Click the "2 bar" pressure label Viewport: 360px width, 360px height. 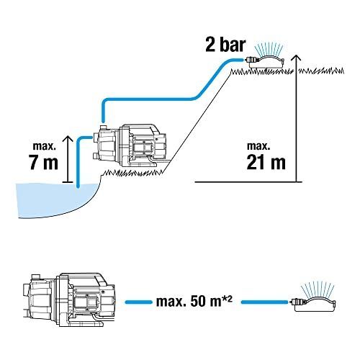[225, 45]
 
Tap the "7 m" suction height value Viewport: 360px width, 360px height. [43, 162]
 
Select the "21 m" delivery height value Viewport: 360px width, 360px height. [266, 162]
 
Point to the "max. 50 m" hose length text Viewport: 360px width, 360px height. [189, 302]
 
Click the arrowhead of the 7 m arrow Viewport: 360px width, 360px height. [68, 139]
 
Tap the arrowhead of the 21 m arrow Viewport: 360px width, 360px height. [297, 58]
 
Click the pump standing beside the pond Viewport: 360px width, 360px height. [129, 146]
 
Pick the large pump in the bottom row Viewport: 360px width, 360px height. [69, 300]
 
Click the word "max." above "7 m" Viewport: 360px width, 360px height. [45, 146]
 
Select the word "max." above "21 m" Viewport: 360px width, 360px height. [258, 146]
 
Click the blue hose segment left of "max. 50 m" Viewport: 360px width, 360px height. [139, 302]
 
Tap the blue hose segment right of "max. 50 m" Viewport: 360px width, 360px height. [265, 302]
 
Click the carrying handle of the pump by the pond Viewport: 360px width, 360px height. [141, 127]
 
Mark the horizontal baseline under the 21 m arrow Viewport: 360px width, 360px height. [248, 182]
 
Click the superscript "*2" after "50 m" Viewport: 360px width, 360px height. [228, 299]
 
